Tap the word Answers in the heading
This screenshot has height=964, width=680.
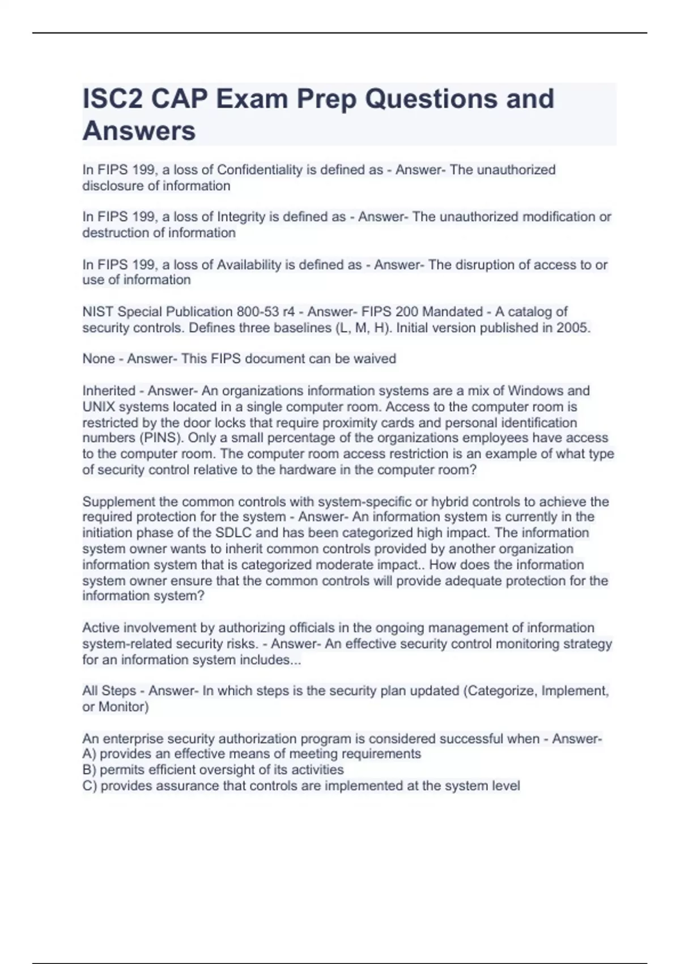[x=139, y=131]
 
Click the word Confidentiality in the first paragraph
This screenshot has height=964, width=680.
[x=260, y=170]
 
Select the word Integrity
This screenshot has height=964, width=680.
[x=242, y=217]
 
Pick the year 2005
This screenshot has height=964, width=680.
[x=573, y=328]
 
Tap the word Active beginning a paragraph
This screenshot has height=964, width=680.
[x=101, y=628]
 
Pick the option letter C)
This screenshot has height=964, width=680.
[x=90, y=786]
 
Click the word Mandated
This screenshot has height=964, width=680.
[x=452, y=312]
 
